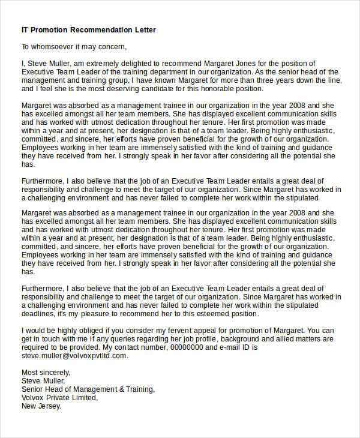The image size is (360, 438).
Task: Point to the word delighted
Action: coord(131,64)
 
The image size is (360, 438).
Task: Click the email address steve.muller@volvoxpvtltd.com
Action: coord(74,355)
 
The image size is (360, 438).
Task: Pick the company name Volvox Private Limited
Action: coord(59,397)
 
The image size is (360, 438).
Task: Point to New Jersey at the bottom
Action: coord(41,406)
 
